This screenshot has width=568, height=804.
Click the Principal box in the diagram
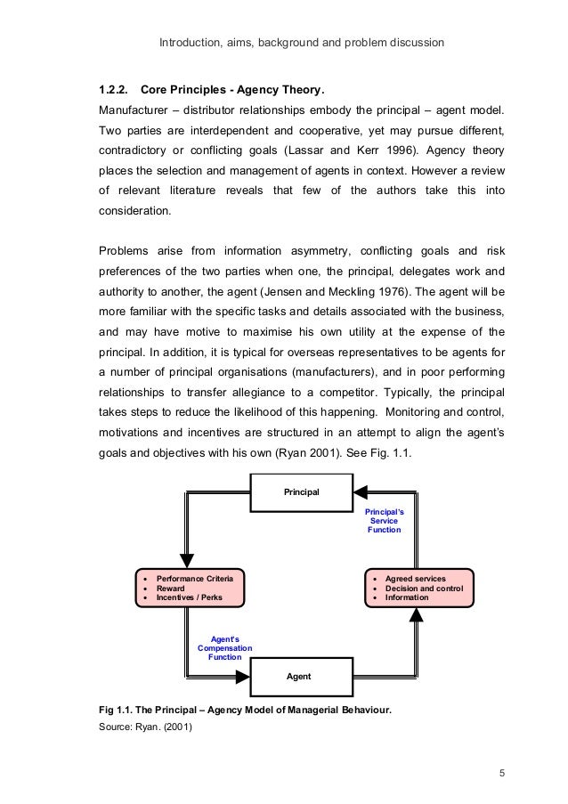click(302, 492)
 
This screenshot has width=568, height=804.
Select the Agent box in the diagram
click(298, 677)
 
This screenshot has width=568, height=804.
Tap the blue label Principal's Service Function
click(385, 522)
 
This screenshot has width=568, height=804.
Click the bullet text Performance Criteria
click(194, 579)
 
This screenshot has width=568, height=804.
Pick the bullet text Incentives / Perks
click(189, 597)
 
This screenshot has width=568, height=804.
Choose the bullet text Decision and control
click(424, 588)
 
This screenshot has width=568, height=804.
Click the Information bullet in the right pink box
click(407, 597)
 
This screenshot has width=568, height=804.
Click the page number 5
click(501, 772)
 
